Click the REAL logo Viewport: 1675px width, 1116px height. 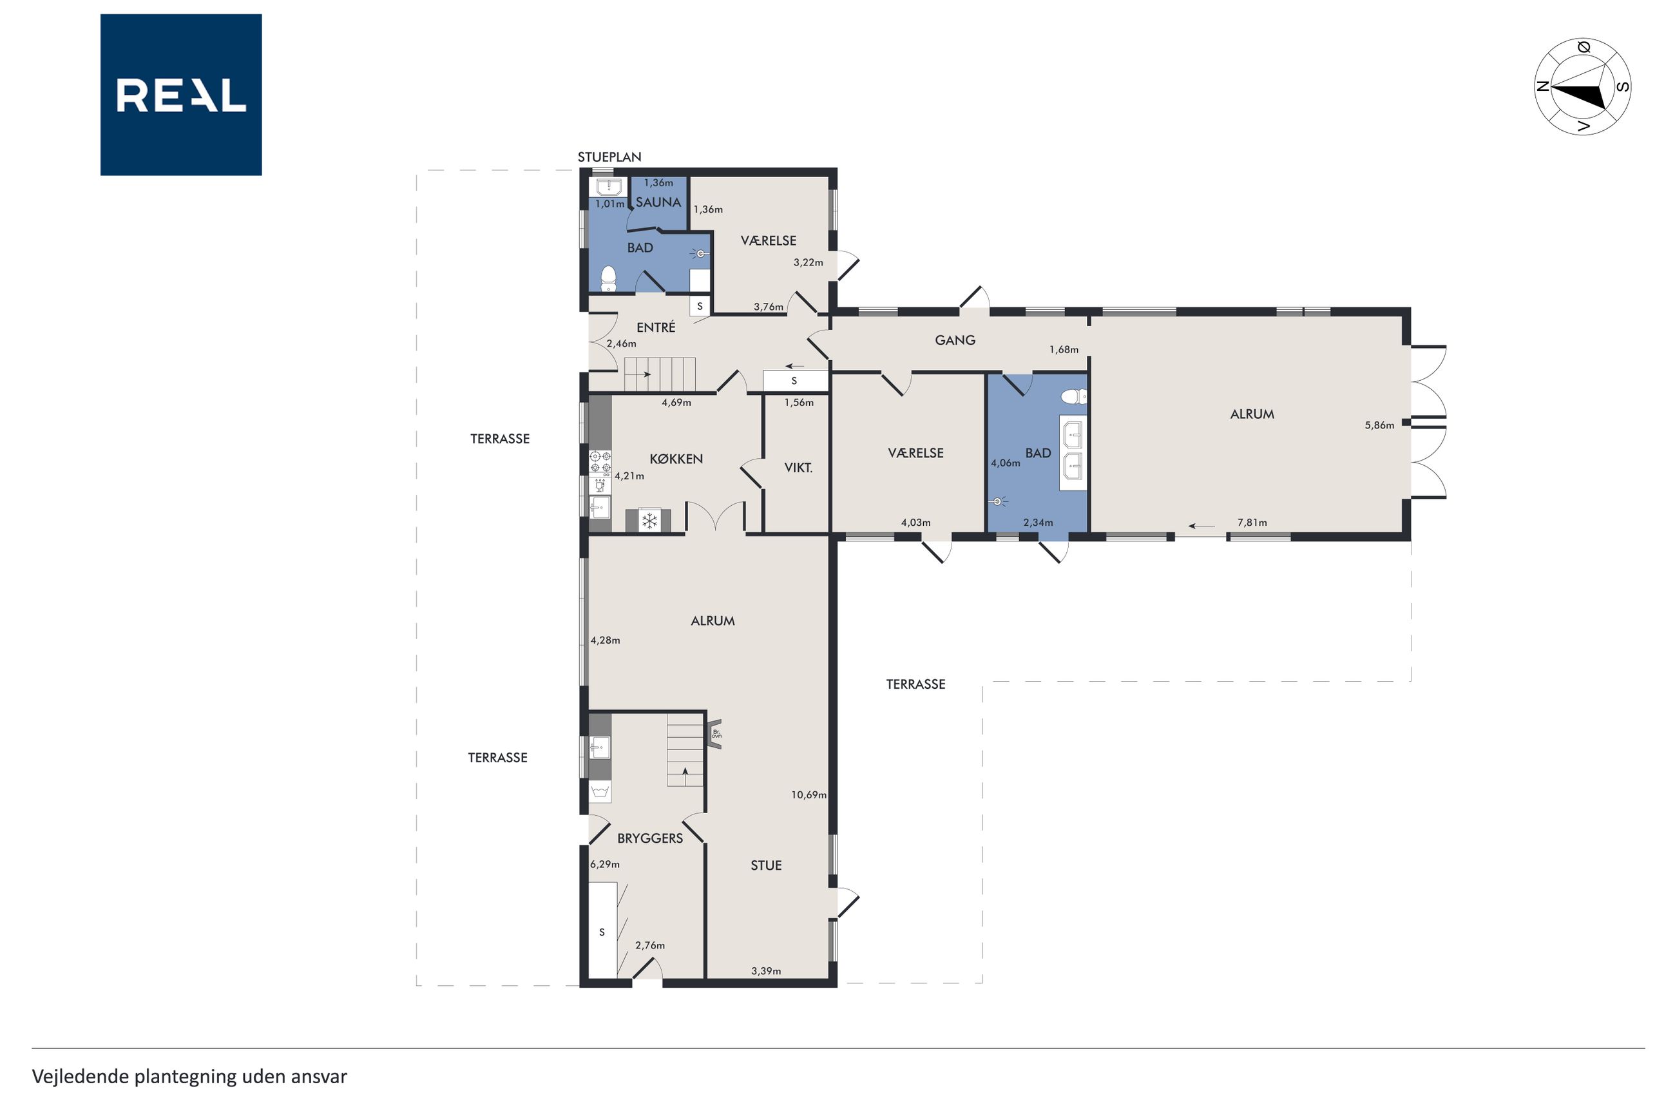(181, 95)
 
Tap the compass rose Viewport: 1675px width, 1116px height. (1582, 87)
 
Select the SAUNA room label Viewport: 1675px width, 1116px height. (658, 202)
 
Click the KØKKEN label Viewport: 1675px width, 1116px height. (676, 459)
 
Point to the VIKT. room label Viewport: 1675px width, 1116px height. (798, 468)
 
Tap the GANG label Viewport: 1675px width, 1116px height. (955, 340)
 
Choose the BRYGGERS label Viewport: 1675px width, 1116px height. (649, 838)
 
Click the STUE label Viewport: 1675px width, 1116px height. (767, 865)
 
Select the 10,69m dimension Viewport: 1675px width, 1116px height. (809, 795)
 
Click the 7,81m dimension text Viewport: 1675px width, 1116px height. (1252, 523)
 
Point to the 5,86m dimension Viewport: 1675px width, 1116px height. (1379, 426)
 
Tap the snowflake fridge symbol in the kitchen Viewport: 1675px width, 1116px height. (649, 521)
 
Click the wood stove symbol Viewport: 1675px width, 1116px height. (715, 734)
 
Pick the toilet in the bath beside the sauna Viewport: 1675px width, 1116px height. (608, 279)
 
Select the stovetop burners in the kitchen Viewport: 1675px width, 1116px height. (600, 462)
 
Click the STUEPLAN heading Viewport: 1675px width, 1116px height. (609, 157)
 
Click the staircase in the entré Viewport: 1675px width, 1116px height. (660, 374)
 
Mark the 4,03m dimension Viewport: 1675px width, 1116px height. (915, 523)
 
